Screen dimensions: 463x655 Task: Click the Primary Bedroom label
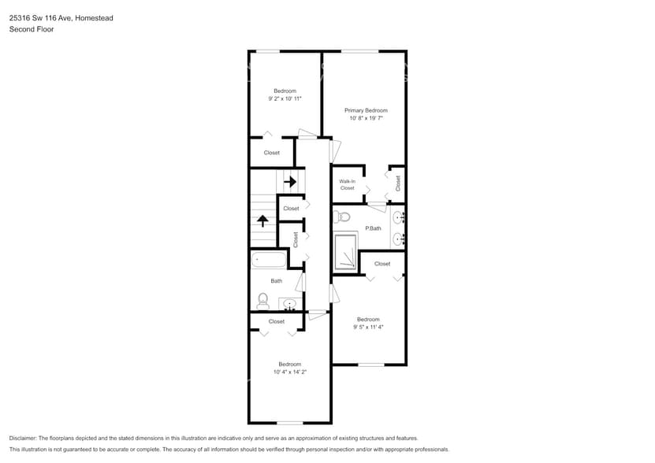click(x=366, y=110)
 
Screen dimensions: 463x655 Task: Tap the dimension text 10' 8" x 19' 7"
click(x=366, y=117)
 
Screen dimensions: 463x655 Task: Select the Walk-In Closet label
click(x=348, y=185)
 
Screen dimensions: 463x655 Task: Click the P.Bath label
click(x=373, y=228)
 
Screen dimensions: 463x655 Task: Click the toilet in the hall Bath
click(x=262, y=300)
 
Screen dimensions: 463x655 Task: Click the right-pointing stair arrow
click(x=290, y=182)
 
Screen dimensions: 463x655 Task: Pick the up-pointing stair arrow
click(x=262, y=220)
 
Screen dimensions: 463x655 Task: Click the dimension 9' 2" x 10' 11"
click(x=285, y=98)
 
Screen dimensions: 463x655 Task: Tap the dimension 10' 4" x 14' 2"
click(x=289, y=372)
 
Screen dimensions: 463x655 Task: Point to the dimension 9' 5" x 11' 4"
click(x=368, y=327)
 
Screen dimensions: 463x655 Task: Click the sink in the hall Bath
click(x=290, y=304)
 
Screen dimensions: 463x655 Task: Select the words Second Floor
click(x=27, y=29)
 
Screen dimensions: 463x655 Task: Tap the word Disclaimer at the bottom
click(x=22, y=438)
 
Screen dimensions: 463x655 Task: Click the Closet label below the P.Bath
click(x=382, y=264)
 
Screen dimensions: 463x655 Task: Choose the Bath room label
click(x=277, y=281)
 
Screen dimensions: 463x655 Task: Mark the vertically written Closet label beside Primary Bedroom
click(x=398, y=183)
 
